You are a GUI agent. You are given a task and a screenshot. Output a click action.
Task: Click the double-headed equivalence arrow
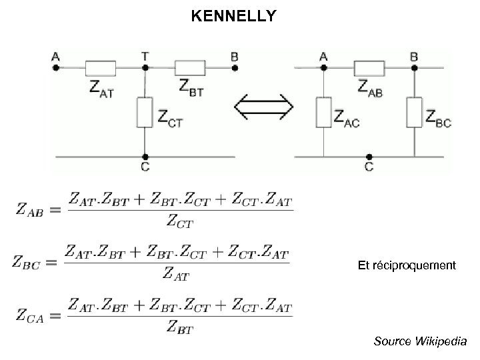tap(265, 107)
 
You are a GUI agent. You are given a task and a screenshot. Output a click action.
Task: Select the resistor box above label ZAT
tap(101, 67)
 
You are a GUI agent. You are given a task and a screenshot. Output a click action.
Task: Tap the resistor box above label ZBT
tap(190, 67)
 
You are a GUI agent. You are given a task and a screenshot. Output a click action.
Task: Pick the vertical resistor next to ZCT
tap(145, 112)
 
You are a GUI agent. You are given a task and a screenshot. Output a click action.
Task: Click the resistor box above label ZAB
tap(369, 67)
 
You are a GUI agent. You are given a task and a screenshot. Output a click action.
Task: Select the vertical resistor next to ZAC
tap(323, 113)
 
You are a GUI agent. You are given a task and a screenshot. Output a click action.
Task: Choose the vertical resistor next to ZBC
tap(414, 113)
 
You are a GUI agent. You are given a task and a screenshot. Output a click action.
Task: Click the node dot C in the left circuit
tap(145, 157)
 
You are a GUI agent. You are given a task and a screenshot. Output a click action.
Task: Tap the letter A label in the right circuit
tap(323, 57)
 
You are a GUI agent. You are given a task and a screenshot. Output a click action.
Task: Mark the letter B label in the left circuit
tap(234, 57)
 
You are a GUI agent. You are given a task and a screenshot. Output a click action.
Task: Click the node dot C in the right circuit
tap(369, 157)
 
